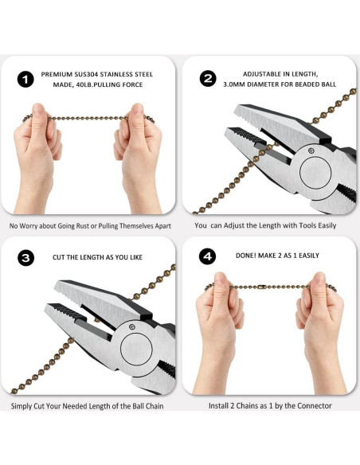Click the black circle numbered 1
point(25,79)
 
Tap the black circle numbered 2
point(208,79)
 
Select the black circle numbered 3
point(25,258)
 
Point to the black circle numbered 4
point(207,256)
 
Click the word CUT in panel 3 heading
point(58,257)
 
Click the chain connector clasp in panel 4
point(261,287)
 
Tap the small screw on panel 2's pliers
point(311,150)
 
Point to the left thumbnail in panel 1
point(37,110)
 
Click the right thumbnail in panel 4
point(319,279)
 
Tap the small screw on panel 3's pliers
point(132,326)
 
